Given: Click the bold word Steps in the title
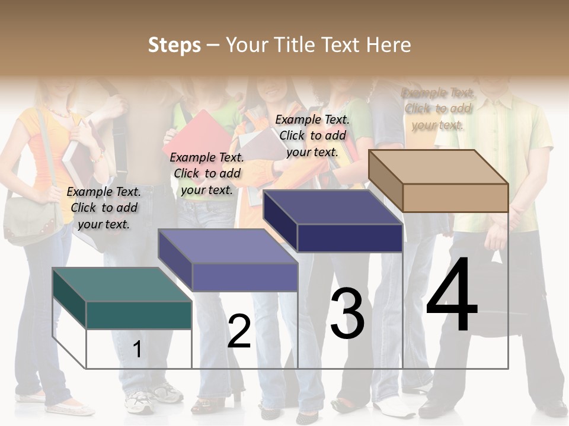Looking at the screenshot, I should [174, 45].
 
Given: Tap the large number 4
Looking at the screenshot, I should [452, 296].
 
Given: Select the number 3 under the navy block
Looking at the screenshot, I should [347, 314].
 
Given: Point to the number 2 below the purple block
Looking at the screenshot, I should [239, 331].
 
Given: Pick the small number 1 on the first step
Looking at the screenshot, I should [138, 349].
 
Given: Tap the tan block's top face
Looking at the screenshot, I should [439, 167].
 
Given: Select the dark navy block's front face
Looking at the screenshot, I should [350, 238].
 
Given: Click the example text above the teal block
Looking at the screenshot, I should [104, 208].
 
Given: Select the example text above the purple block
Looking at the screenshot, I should [207, 173].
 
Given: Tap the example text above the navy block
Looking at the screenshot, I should [312, 135].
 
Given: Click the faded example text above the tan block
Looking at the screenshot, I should [438, 109].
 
